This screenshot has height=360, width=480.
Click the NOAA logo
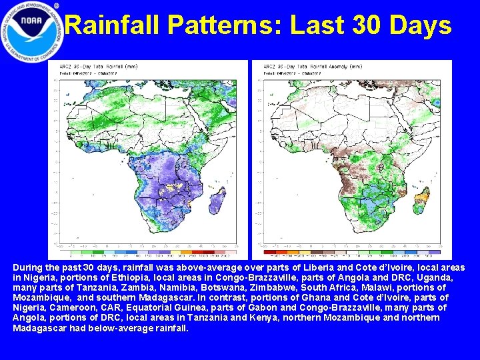[x=31, y=31]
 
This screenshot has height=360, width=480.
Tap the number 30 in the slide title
[x=364, y=26]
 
